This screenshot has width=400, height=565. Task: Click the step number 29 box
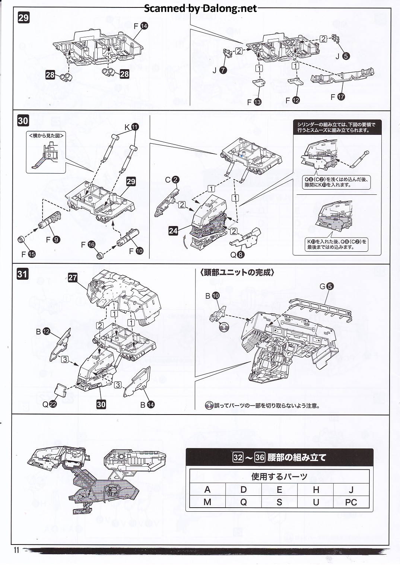tap(23, 18)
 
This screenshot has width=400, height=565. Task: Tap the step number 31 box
tap(22, 274)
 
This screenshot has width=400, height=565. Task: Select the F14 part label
tap(141, 26)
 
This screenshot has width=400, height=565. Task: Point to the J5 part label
tap(343, 56)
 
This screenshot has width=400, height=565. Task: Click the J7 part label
tap(219, 70)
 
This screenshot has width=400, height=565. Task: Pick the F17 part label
tap(337, 97)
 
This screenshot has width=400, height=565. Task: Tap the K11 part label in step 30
tap(131, 127)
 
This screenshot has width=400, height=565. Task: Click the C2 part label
tap(172, 180)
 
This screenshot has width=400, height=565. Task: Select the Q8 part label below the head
tap(237, 255)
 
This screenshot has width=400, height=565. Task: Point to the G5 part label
tap(326, 286)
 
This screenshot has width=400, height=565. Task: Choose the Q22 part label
tap(49, 404)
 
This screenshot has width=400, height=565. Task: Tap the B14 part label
tap(147, 404)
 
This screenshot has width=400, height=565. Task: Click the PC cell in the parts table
tap(351, 502)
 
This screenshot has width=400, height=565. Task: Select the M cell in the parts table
tap(207, 502)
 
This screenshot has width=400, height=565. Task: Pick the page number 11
tap(16, 550)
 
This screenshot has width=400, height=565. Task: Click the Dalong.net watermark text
tap(200, 8)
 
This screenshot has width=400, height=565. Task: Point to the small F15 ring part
tap(22, 239)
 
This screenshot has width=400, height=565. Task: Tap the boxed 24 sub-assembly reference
tap(173, 231)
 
